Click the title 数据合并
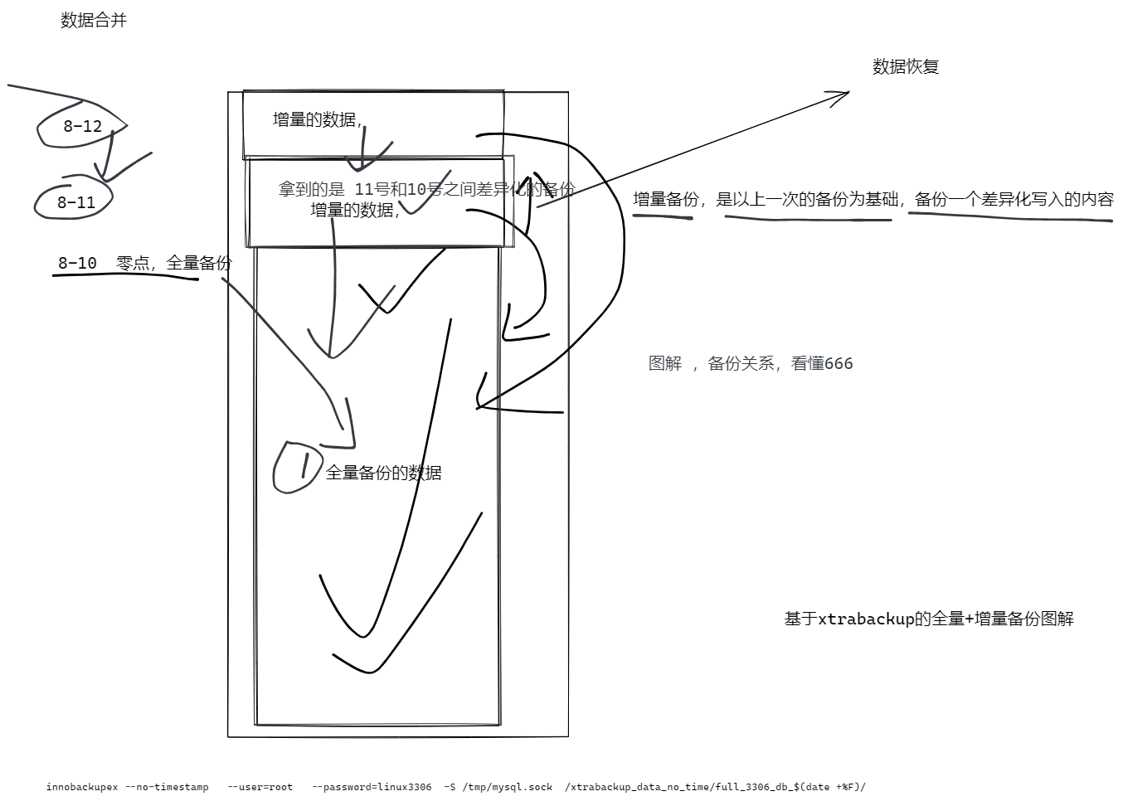point(94,21)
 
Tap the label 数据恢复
point(905,67)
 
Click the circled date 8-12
point(82,127)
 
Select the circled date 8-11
point(75,202)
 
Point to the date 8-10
point(77,264)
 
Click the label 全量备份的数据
point(383,473)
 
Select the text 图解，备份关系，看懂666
point(750,363)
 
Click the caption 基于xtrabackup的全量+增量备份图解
point(928,619)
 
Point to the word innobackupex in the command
point(81,787)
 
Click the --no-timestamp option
point(167,787)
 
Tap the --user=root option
point(260,787)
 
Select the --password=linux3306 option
point(372,787)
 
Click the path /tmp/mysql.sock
point(506,787)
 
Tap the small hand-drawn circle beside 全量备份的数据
point(297,468)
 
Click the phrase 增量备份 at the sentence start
point(665,200)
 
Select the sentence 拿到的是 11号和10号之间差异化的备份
point(426,190)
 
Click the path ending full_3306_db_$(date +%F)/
point(715,787)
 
